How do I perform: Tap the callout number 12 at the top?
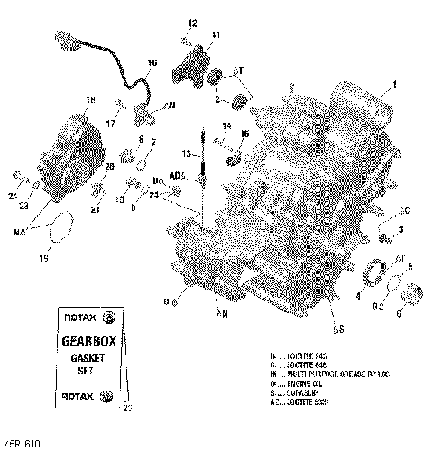(x=192, y=21)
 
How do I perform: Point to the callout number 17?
(x=110, y=124)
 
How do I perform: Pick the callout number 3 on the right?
(x=401, y=231)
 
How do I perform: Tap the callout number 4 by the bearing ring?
(x=359, y=295)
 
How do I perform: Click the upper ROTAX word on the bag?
(x=74, y=317)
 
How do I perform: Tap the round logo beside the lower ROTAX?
(x=107, y=396)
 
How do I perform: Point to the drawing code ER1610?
(x=23, y=445)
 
